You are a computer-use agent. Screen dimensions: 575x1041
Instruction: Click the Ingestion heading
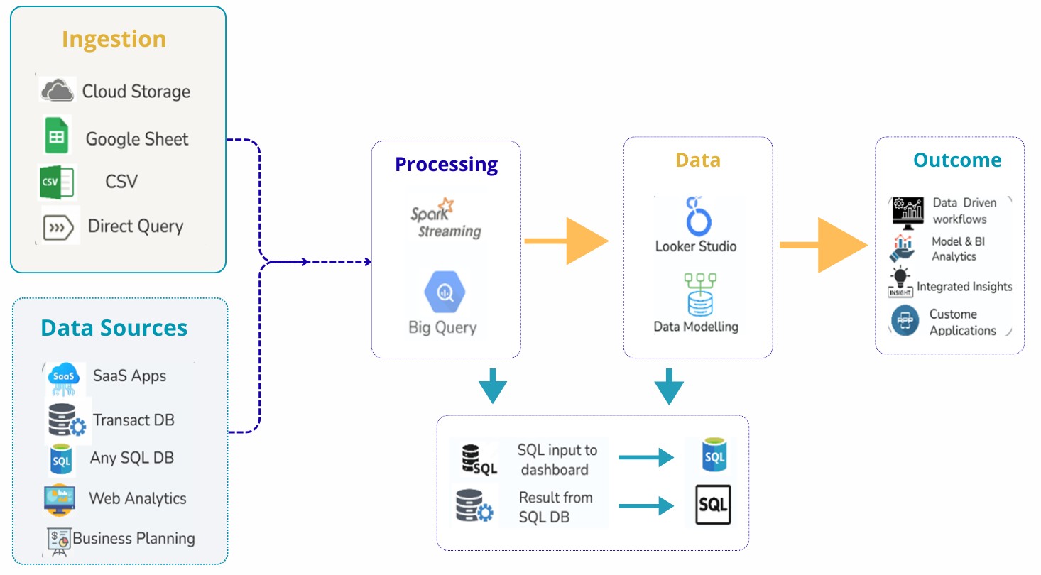coord(114,39)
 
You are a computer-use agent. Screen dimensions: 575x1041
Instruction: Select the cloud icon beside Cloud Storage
coord(58,91)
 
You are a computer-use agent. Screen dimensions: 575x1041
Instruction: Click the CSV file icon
coord(56,182)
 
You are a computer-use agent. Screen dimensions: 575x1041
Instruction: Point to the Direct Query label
coord(135,226)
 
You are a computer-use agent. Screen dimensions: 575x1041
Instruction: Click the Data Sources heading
coord(114,328)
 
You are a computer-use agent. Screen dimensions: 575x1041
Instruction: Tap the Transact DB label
coord(133,420)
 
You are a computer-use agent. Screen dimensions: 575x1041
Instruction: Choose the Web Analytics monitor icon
coord(60,498)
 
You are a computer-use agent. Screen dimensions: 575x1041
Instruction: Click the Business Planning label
coord(133,538)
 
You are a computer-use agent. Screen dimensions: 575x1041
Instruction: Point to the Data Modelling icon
coord(695,292)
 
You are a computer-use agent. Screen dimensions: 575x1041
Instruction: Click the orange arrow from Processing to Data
coord(567,242)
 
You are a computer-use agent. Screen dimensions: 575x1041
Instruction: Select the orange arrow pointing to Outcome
coord(824,245)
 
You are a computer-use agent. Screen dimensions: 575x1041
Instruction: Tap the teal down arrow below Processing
coord(493,385)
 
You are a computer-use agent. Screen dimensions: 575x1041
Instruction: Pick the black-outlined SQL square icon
coord(712,505)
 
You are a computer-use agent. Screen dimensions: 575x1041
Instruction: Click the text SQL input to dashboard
coord(557,459)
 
